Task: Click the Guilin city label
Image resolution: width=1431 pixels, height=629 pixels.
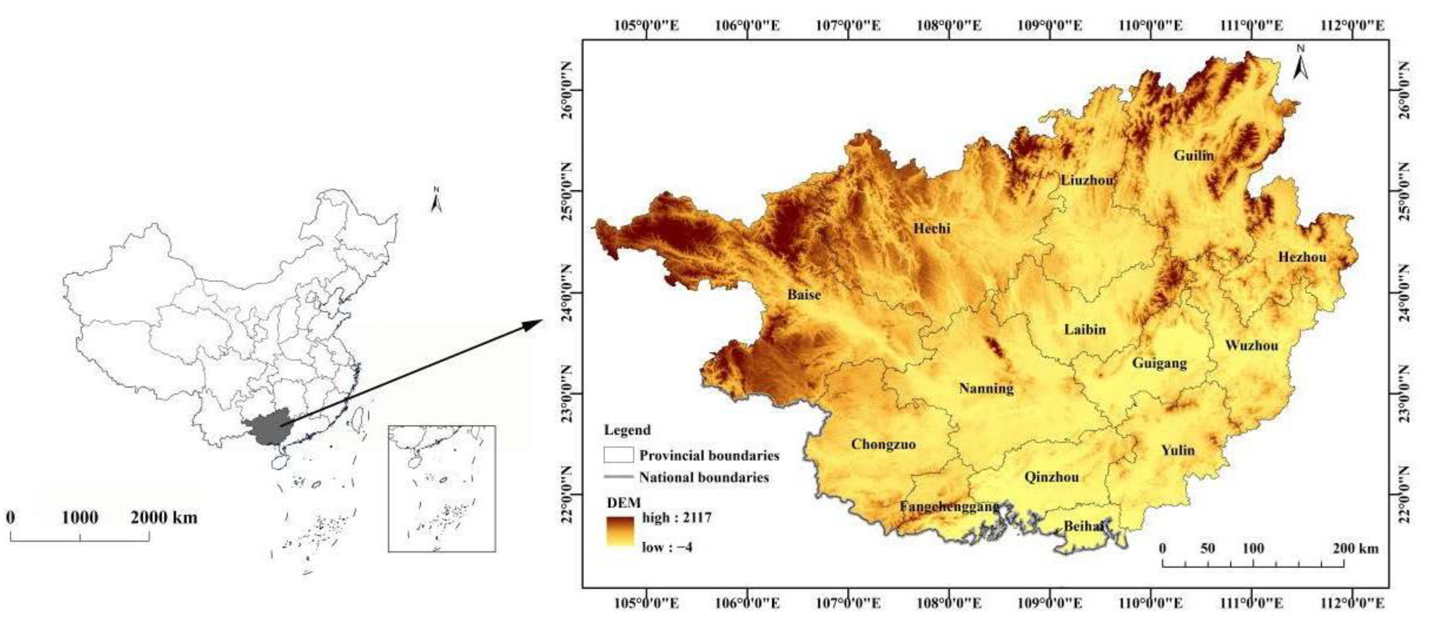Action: (1193, 155)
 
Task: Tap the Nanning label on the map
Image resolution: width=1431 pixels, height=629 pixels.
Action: (986, 388)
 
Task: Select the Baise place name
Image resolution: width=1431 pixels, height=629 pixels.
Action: (804, 295)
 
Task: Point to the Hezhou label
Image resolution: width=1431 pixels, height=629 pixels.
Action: (1301, 257)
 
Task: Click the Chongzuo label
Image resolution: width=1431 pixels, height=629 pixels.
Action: (883, 444)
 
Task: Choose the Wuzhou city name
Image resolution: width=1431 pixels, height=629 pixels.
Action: (1251, 346)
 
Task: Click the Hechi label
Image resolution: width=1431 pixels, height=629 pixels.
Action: (931, 228)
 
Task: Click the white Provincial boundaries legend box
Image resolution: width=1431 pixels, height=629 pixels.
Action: (618, 455)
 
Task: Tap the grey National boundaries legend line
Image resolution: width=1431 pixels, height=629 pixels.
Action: (618, 477)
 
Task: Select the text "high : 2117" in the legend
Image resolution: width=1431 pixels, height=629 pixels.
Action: (677, 518)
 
